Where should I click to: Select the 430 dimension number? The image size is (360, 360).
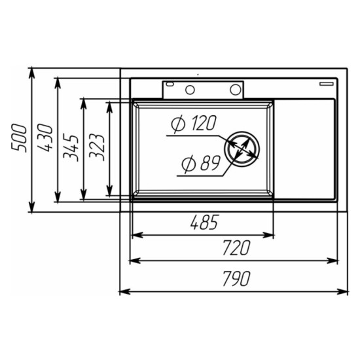point(45,137)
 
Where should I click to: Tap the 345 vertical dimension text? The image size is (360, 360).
point(71,147)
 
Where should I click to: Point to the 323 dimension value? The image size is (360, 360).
point(97,147)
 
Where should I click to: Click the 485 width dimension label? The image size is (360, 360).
point(204,223)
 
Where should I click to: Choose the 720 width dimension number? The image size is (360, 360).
point(236,247)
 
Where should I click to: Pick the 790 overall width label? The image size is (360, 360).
point(236,279)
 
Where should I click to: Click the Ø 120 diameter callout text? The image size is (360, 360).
point(194,123)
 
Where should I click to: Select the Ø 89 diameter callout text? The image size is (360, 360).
point(201,163)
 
